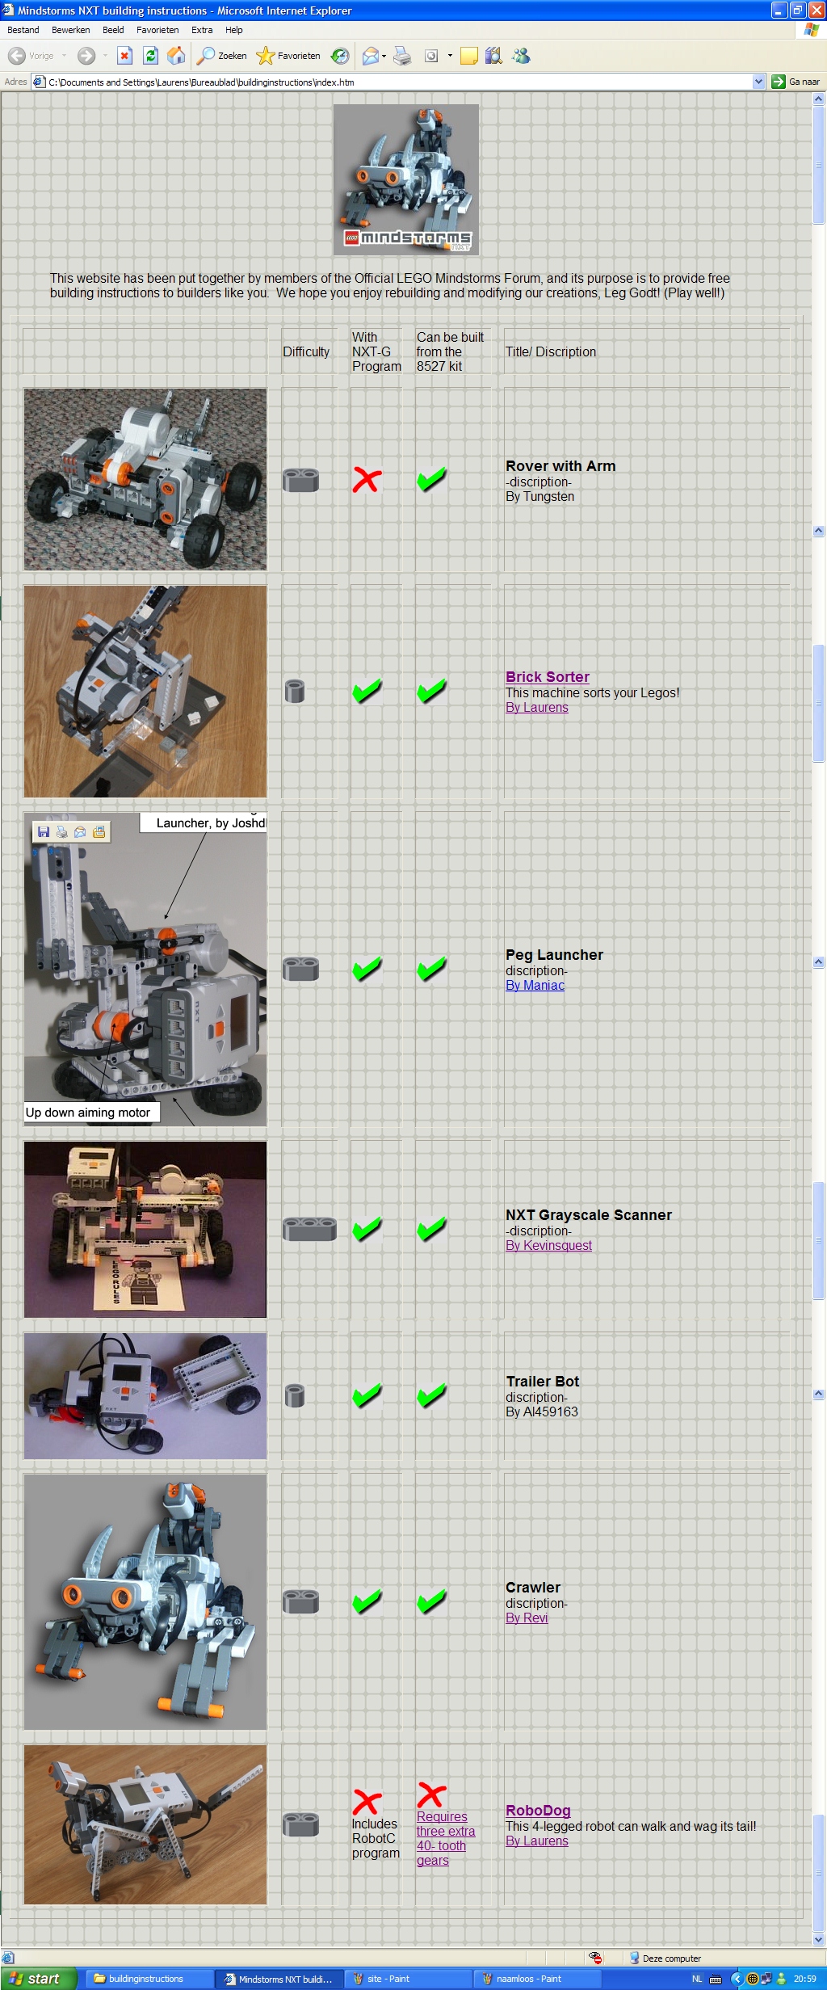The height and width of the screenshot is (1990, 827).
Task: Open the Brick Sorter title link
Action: tap(548, 677)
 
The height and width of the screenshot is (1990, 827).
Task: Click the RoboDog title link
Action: tap(538, 1811)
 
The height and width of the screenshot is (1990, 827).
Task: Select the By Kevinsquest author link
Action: tap(548, 1245)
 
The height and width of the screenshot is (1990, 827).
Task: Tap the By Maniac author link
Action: tap(535, 985)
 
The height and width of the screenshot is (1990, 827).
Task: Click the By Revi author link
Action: tap(527, 1618)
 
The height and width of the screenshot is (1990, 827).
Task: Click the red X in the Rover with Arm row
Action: tap(367, 480)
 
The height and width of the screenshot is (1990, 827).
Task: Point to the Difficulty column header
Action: tap(306, 352)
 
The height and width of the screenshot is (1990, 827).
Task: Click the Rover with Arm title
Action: tap(560, 466)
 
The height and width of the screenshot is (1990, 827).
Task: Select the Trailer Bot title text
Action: tap(543, 1382)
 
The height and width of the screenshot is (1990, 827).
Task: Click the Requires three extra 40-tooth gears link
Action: tap(445, 1838)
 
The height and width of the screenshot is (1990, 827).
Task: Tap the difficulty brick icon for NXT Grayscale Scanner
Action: tap(309, 1229)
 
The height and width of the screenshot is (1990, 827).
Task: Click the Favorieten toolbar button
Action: tap(288, 56)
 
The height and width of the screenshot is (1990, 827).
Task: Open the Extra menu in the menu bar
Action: tap(202, 30)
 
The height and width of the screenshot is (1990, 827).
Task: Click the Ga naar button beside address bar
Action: tap(796, 82)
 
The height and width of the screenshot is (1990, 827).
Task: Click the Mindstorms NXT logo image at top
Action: tap(406, 179)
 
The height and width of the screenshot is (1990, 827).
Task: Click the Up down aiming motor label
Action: tap(89, 1113)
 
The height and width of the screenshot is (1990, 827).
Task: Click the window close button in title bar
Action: tap(816, 11)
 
